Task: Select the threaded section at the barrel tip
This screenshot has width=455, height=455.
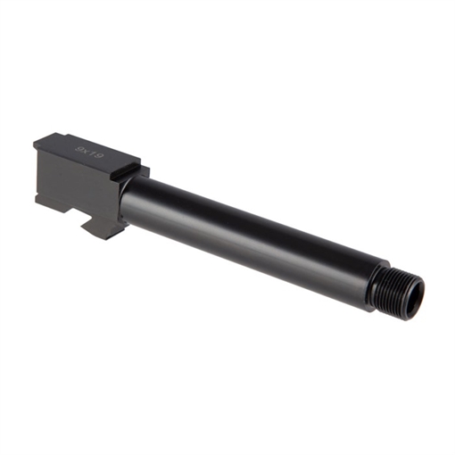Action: (402, 288)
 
